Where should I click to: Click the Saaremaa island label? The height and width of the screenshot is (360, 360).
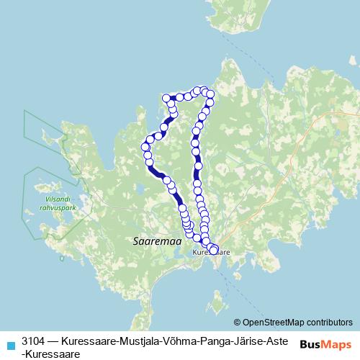pyautogui.click(x=152, y=243)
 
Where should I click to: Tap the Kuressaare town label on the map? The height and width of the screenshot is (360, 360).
pyautogui.click(x=211, y=253)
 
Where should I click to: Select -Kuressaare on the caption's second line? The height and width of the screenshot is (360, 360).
pyautogui.click(x=50, y=354)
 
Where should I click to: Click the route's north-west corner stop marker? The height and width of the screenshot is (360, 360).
pyautogui.click(x=166, y=98)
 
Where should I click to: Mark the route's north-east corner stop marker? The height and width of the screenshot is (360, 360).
pyautogui.click(x=210, y=94)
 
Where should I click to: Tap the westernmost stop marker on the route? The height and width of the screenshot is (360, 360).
pyautogui.click(x=145, y=147)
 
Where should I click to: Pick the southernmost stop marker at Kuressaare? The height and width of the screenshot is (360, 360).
pyautogui.click(x=213, y=250)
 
